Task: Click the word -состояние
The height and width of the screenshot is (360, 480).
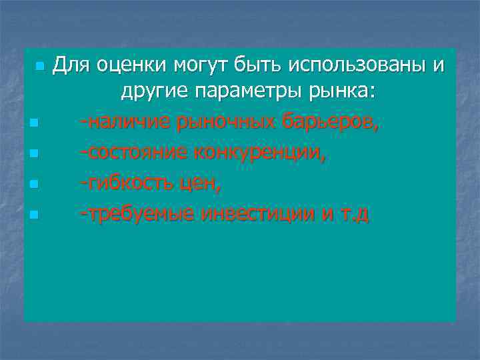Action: coord(133,153)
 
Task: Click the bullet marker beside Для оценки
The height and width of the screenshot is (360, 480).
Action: coord(41,67)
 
